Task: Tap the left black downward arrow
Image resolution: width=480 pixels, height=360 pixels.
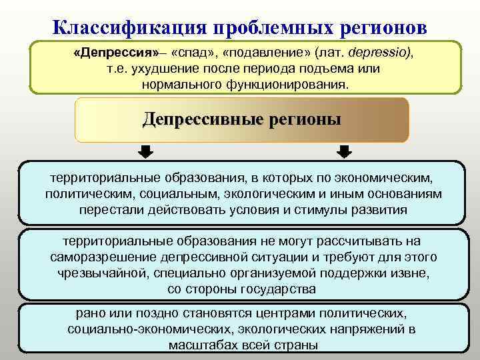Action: point(145,153)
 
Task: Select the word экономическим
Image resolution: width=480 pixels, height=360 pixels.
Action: point(385,178)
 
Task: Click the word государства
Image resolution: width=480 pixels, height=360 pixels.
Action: point(281,289)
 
